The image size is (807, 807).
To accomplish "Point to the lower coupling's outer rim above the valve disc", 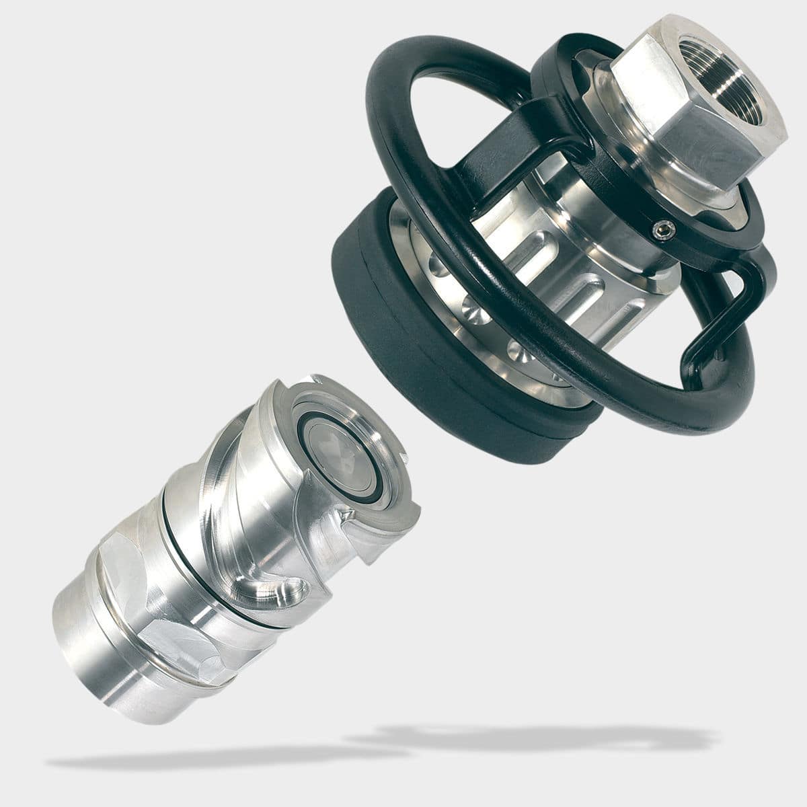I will tap(350, 397).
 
